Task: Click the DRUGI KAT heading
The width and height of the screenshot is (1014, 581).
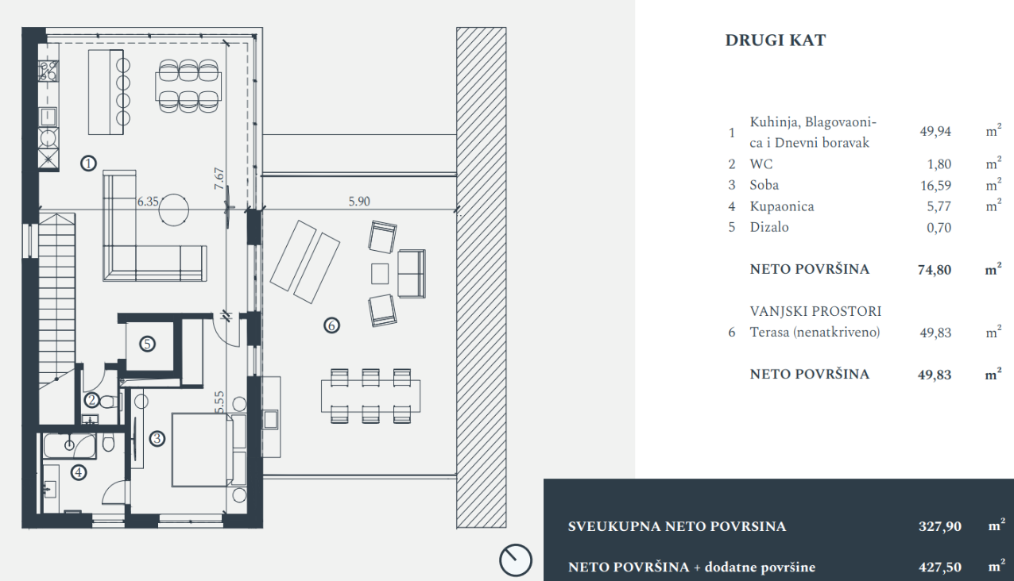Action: (776, 40)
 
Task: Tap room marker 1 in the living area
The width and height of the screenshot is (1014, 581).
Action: (88, 163)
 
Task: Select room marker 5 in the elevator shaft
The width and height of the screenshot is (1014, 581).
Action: (147, 344)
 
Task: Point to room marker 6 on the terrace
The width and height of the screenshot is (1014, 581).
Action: (332, 325)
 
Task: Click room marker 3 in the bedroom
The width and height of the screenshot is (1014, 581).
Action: (157, 438)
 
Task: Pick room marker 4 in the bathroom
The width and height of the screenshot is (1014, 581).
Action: (79, 472)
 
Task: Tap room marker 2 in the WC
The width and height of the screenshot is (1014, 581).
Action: (92, 400)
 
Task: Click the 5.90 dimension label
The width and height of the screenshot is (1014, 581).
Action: (359, 201)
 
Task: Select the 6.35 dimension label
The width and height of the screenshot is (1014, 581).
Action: (148, 201)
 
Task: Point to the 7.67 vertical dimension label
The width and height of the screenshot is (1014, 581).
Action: (219, 179)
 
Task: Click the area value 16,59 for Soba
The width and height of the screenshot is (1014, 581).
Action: (935, 186)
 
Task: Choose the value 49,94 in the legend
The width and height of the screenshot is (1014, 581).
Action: (935, 132)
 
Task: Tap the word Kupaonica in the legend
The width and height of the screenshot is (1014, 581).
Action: (782, 206)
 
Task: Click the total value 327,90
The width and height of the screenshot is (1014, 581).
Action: (940, 527)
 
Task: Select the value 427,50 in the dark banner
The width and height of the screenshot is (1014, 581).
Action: (940, 567)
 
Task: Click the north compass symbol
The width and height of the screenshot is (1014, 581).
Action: (516, 560)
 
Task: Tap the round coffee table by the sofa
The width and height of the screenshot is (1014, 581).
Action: (174, 210)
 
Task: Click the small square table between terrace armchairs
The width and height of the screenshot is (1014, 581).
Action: (380, 274)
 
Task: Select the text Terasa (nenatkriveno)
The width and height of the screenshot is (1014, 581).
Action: (815, 333)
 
